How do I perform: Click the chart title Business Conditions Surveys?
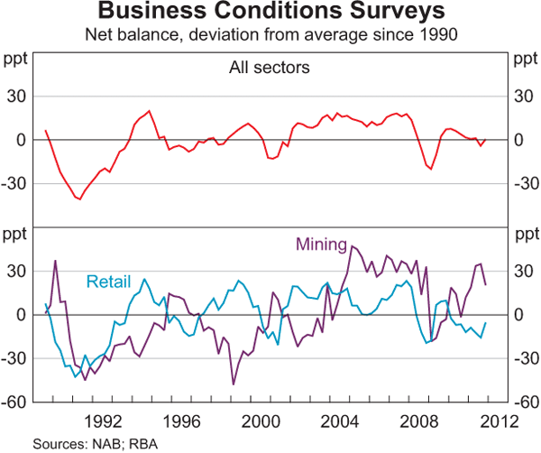point(270,13)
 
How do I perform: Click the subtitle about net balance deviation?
point(270,36)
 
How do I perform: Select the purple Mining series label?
point(322,244)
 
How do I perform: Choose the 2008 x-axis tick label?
point(421,420)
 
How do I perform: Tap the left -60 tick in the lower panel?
point(16,402)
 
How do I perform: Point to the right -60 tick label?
point(524,402)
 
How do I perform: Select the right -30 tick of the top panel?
point(524,183)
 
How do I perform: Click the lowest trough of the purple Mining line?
point(233,384)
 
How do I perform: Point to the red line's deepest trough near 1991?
point(79,199)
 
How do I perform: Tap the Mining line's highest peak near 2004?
point(352,246)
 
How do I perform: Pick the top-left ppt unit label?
point(16,60)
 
